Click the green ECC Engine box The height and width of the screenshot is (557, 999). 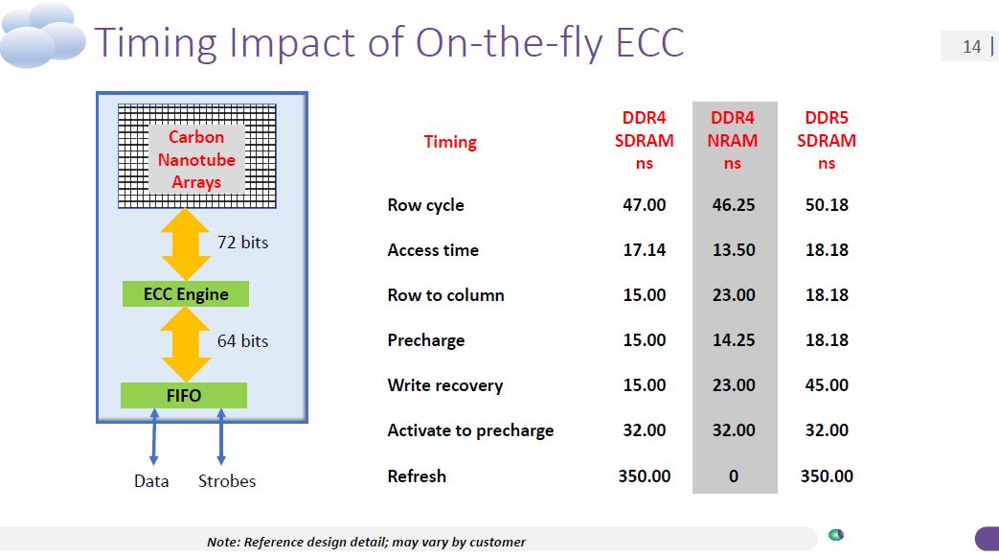click(x=186, y=294)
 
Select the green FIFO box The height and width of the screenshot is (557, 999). click(x=184, y=395)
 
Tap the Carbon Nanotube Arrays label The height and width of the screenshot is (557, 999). click(x=196, y=159)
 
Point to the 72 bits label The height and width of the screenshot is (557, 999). click(x=242, y=243)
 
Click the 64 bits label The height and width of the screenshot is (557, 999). click(x=242, y=340)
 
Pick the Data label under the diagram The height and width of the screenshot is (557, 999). click(x=151, y=481)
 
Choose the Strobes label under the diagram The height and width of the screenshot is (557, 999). click(x=227, y=481)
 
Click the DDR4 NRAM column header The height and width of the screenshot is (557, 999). click(x=734, y=140)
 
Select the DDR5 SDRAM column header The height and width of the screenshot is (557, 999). click(x=827, y=140)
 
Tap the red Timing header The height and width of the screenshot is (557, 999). click(x=450, y=142)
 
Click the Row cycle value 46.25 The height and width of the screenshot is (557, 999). click(x=734, y=205)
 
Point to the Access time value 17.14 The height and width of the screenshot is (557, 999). click(x=645, y=250)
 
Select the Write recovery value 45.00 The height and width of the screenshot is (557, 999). click(x=827, y=385)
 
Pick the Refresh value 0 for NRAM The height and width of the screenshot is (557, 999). click(x=734, y=476)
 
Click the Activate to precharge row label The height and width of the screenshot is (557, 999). click(x=470, y=430)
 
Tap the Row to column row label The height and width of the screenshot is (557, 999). click(x=445, y=295)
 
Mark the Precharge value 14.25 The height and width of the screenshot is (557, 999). click(x=734, y=340)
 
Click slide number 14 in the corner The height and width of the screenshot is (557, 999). click(x=971, y=46)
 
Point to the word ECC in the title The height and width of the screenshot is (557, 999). click(x=642, y=42)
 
